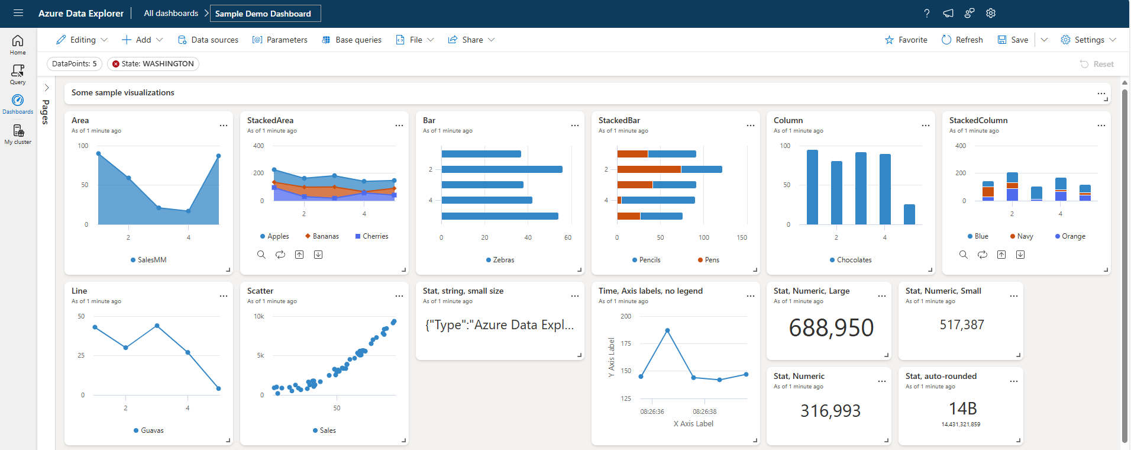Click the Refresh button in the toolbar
click(962, 40)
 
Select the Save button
click(1013, 40)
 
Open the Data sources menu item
click(208, 40)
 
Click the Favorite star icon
click(889, 40)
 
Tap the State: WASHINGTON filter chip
click(153, 64)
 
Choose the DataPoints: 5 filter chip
click(74, 64)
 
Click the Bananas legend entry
click(322, 236)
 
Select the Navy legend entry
click(1022, 236)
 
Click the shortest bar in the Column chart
click(909, 214)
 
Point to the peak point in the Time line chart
click(667, 330)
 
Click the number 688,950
click(831, 327)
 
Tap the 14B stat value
click(962, 409)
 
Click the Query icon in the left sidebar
click(18, 74)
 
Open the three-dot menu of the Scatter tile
click(399, 295)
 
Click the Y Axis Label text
click(612, 358)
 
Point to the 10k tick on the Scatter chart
click(259, 316)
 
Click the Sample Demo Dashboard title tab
click(263, 14)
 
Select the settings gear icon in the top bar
click(991, 13)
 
